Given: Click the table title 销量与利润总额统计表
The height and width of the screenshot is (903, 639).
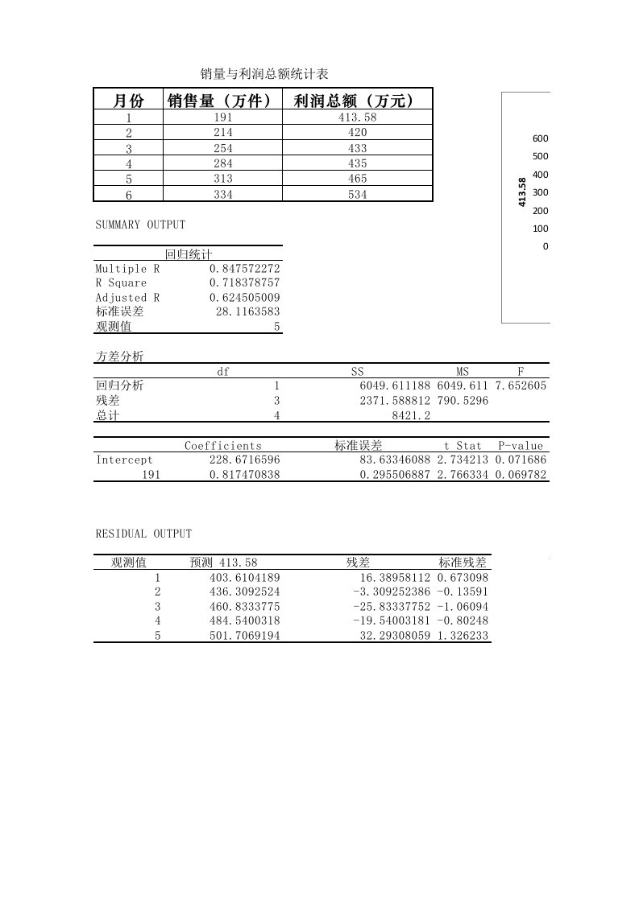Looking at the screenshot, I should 264,74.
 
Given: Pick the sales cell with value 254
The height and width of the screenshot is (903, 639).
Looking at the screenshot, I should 223,148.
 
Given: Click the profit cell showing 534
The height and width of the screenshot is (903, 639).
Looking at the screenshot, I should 358,195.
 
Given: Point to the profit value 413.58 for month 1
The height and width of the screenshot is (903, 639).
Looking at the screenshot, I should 358,117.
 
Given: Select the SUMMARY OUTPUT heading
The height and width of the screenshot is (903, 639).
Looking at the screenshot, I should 140,225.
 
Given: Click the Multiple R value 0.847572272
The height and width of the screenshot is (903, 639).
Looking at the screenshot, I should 244,269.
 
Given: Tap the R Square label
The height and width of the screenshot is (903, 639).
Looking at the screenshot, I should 122,283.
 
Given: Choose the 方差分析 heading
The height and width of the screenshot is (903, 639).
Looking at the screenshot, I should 120,356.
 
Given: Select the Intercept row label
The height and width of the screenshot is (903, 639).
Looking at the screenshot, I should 124,460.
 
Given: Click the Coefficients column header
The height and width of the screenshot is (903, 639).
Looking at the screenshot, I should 223,446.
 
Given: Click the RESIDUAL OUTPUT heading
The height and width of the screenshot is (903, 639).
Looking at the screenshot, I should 143,534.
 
